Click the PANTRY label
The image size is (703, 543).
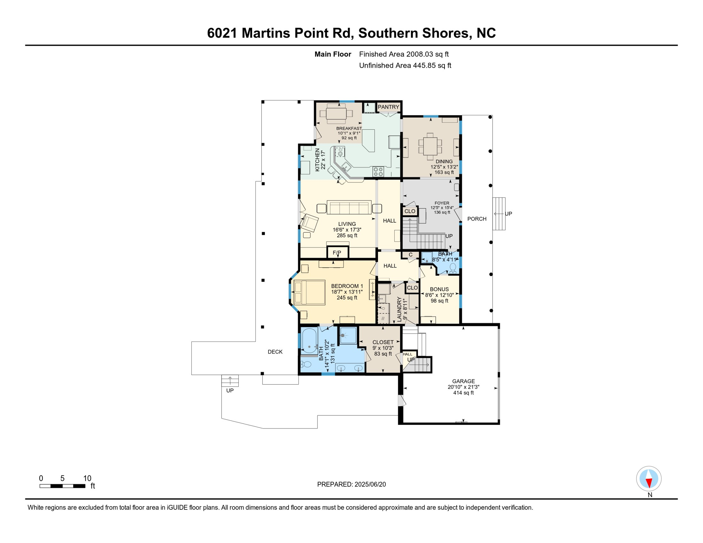(388, 107)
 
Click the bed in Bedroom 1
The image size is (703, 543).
(309, 292)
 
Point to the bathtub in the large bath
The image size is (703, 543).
(309, 341)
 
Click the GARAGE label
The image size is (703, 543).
(463, 381)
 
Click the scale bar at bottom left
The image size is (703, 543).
(62, 486)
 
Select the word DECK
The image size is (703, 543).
(275, 352)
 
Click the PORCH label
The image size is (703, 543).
(477, 219)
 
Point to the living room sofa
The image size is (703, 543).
(349, 208)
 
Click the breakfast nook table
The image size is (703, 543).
(336, 113)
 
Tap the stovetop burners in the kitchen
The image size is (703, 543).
(378, 172)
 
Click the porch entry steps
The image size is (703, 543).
(499, 214)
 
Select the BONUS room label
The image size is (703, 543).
(439, 289)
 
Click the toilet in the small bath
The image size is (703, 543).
(453, 268)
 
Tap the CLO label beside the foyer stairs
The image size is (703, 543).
(410, 211)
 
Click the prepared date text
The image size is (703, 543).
(351, 484)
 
